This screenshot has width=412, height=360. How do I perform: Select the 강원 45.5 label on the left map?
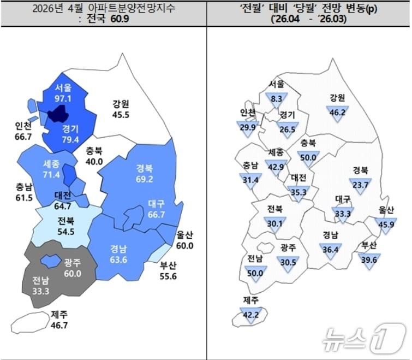[x=121, y=109]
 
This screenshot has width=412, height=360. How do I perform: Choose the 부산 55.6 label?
[x=168, y=272]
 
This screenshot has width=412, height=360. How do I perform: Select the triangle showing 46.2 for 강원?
[x=337, y=113]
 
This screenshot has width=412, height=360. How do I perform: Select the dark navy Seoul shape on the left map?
[x=57, y=114]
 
